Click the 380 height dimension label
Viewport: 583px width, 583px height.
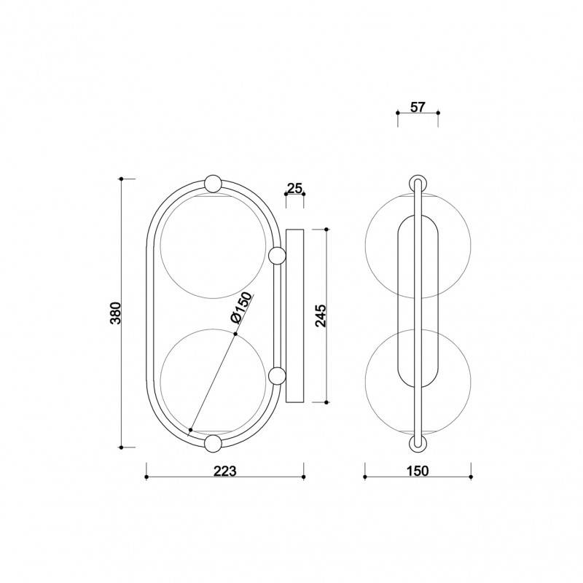116,313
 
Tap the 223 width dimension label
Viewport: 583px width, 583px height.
224,471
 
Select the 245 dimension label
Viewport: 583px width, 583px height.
321,316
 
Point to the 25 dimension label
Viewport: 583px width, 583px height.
294,189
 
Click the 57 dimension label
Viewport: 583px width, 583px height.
418,107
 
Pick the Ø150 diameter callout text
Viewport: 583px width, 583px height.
241,308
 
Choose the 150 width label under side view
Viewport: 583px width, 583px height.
418,471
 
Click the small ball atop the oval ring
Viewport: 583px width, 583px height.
214,184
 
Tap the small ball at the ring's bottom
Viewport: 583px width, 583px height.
214,443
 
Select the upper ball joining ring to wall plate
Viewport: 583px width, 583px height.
277,256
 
